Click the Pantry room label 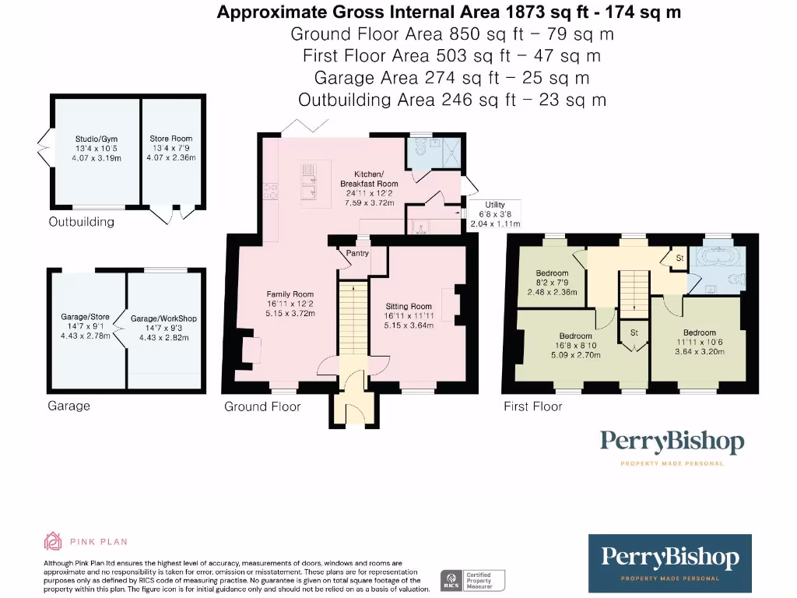pyautogui.click(x=356, y=253)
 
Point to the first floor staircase pyautogui.click(x=634, y=290)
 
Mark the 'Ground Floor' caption pyautogui.click(x=262, y=406)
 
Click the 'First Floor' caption pyautogui.click(x=532, y=406)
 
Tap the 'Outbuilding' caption pyautogui.click(x=81, y=222)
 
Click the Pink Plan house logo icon pyautogui.click(x=53, y=541)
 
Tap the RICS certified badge pyautogui.click(x=472, y=579)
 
